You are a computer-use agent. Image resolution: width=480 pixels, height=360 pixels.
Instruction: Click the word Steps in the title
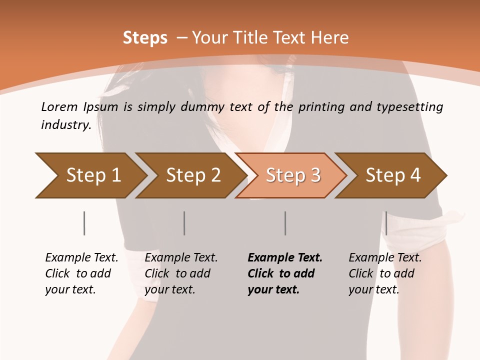pyautogui.click(x=145, y=38)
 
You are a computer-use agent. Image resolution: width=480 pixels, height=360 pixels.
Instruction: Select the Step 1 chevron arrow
pyautogui.click(x=90, y=175)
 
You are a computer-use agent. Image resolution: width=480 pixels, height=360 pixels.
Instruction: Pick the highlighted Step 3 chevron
pyautogui.click(x=292, y=175)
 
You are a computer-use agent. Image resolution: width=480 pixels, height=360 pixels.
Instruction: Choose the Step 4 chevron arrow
pyautogui.click(x=392, y=175)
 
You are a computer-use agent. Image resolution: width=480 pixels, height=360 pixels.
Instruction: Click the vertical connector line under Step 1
pyautogui.click(x=84, y=223)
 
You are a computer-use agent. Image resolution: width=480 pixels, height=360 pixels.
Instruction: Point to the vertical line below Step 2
pyautogui.click(x=184, y=223)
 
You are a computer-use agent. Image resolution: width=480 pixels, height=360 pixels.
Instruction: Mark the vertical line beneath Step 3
pyautogui.click(x=285, y=223)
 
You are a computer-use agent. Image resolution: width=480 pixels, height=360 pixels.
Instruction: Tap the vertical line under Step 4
pyautogui.click(x=386, y=223)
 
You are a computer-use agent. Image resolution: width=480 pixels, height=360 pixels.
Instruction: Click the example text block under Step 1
pyautogui.click(x=81, y=273)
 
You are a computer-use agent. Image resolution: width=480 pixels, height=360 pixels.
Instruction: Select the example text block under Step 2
pyautogui.click(x=181, y=273)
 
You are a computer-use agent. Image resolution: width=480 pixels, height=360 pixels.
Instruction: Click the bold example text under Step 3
pyautogui.click(x=285, y=273)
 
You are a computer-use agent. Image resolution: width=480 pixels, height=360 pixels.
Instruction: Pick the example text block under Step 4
pyautogui.click(x=385, y=273)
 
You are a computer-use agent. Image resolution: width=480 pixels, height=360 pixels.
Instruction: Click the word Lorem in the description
pyautogui.click(x=59, y=106)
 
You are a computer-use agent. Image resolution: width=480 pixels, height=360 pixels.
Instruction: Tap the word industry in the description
pyautogui.click(x=66, y=125)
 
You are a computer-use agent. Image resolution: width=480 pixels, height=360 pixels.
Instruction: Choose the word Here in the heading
pyautogui.click(x=329, y=38)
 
